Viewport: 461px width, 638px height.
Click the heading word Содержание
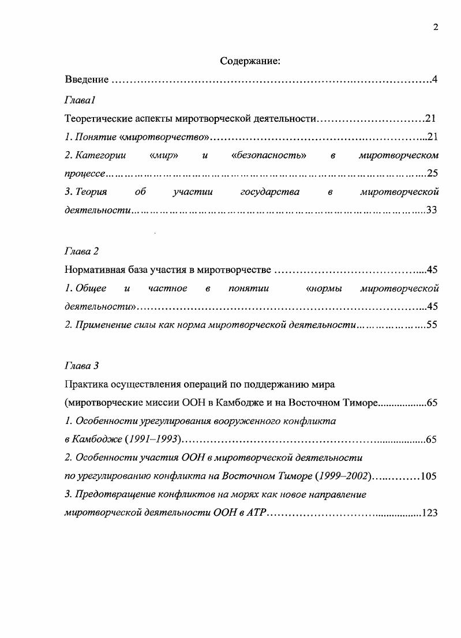250,61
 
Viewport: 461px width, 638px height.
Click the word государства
269,192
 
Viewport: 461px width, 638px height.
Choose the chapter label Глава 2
81,251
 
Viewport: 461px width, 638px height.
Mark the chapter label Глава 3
81,366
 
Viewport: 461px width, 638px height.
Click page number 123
430,513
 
